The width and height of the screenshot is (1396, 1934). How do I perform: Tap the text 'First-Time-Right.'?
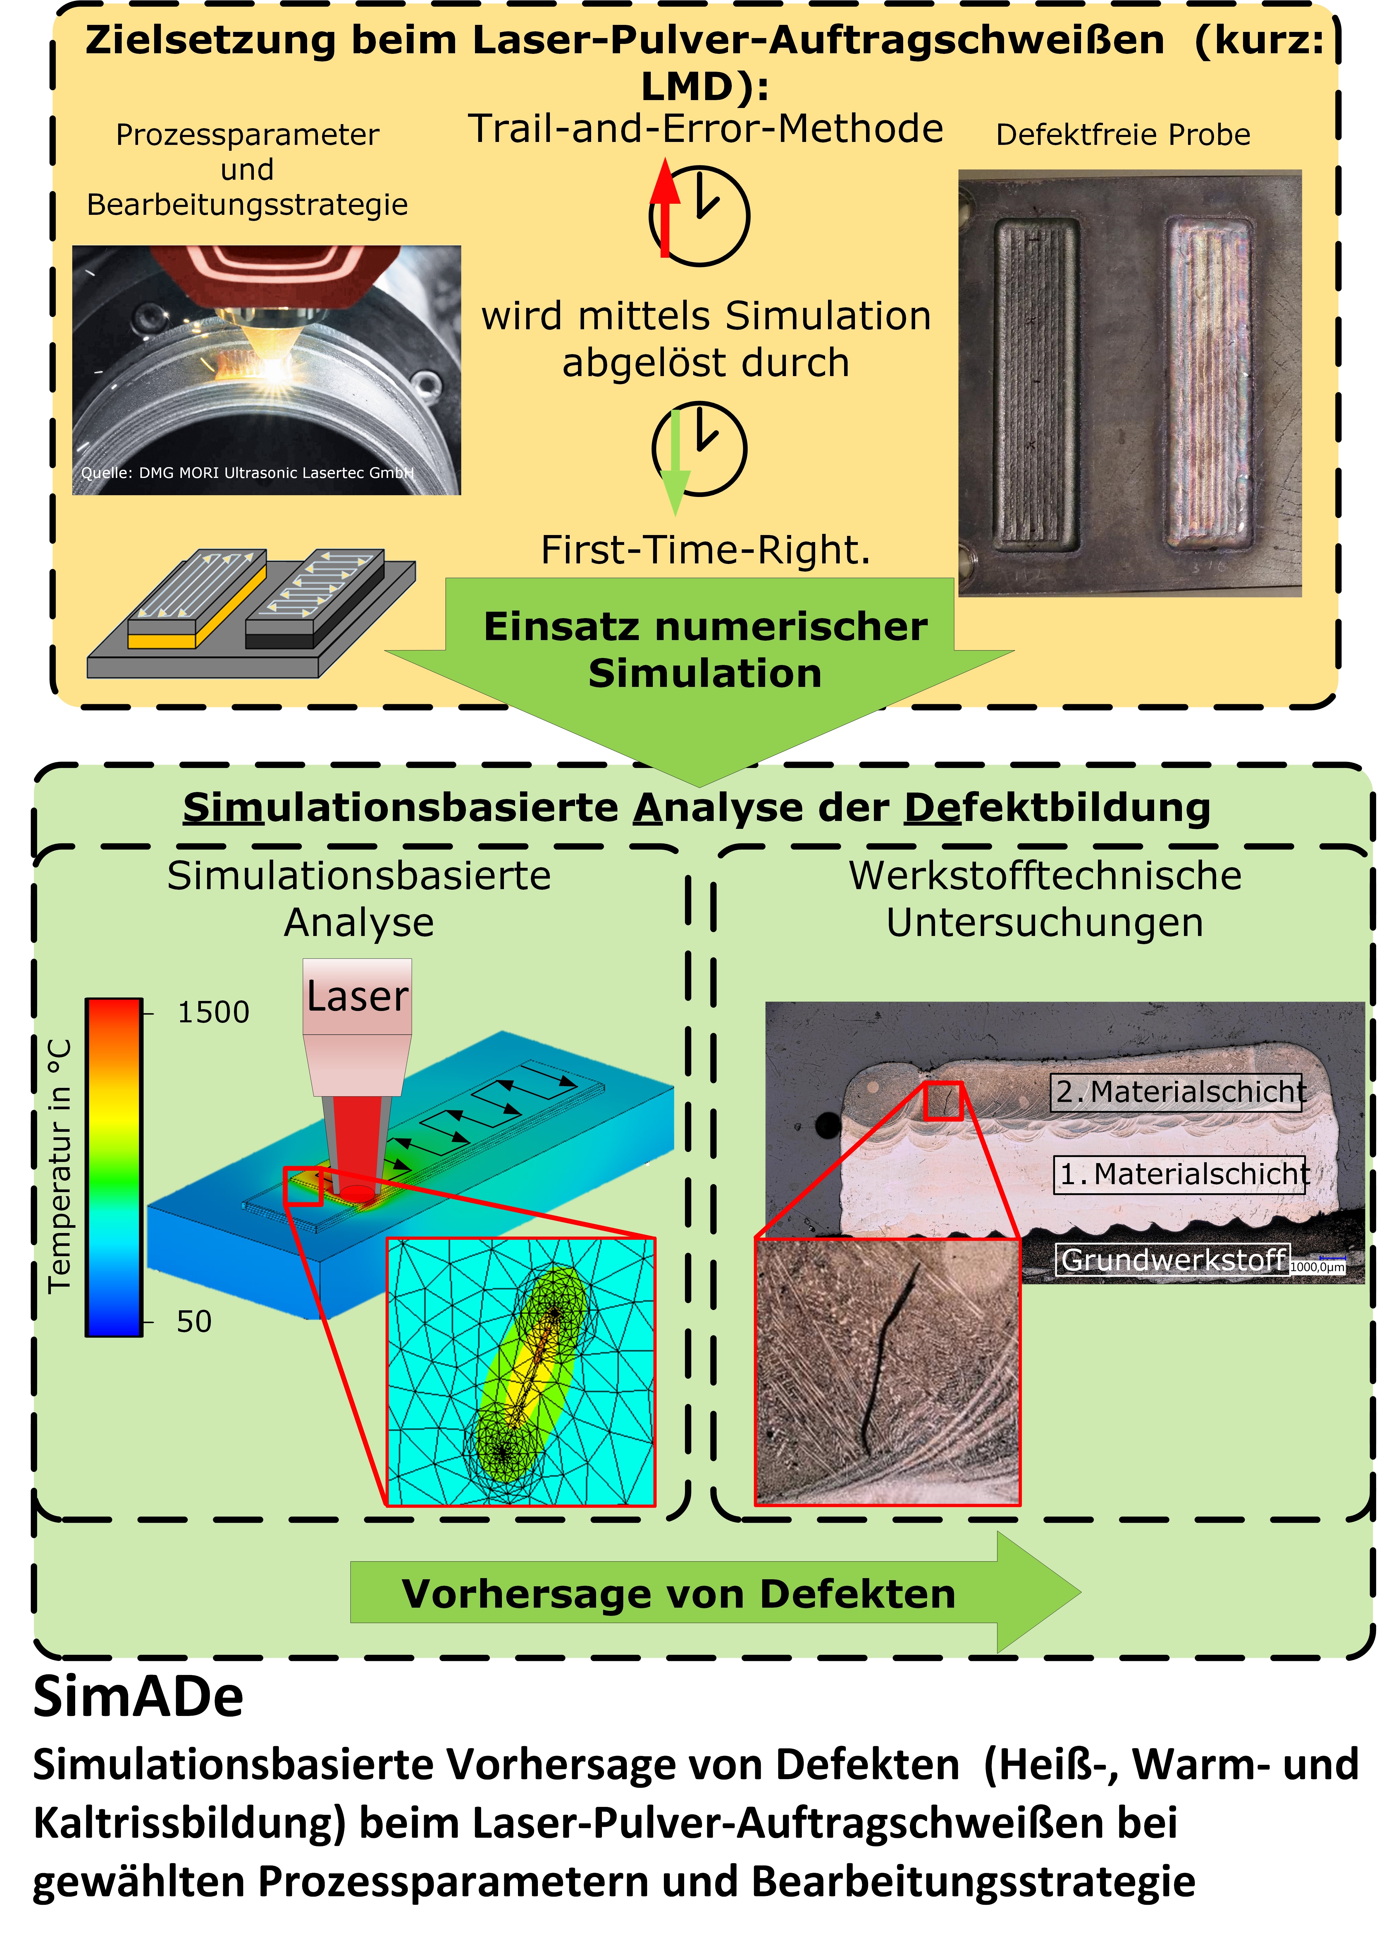[706, 550]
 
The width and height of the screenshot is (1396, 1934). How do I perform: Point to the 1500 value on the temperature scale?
[213, 1012]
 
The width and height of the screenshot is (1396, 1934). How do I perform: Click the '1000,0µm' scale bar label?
[1317, 1267]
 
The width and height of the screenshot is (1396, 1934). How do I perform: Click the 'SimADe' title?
[138, 1697]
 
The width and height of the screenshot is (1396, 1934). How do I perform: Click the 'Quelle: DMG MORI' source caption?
[247, 473]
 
